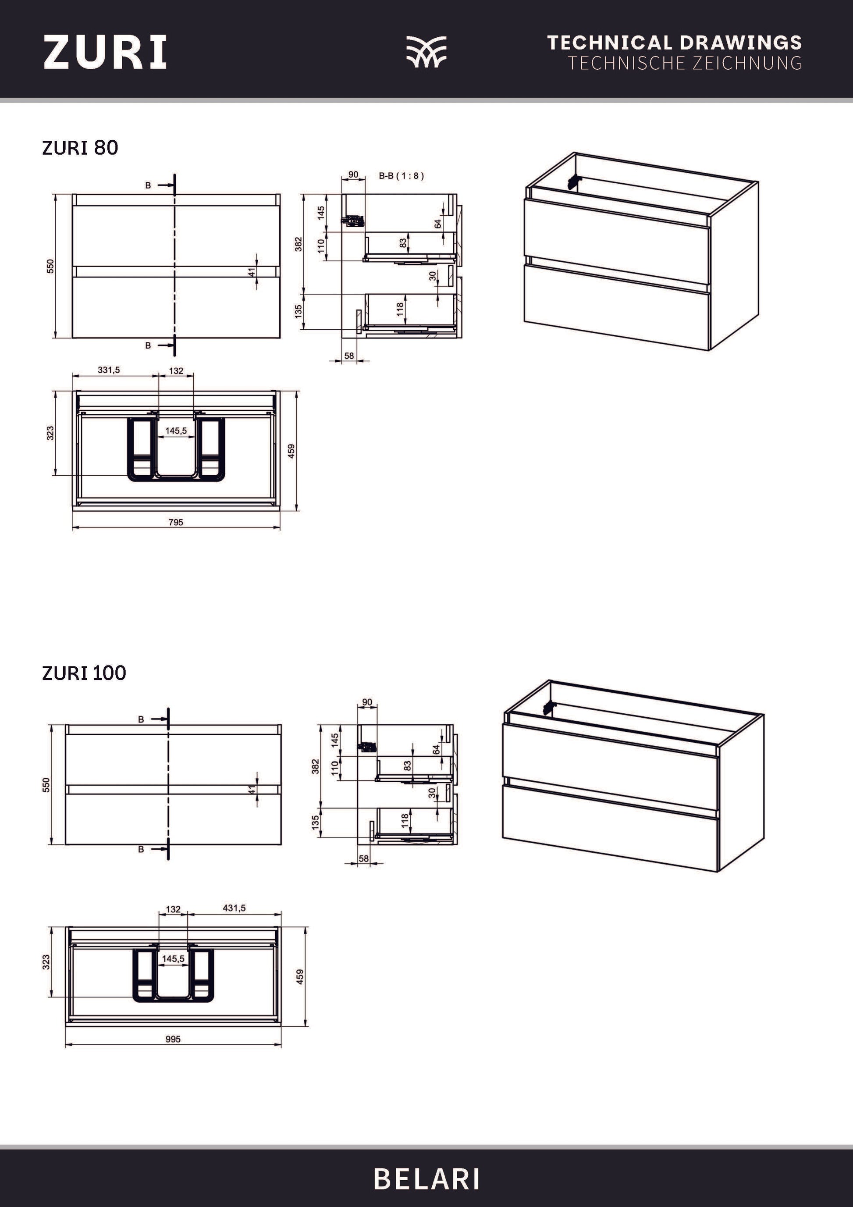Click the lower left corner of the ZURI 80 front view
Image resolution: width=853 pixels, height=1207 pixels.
(x=72, y=338)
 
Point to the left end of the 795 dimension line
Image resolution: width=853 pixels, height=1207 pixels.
(x=72, y=527)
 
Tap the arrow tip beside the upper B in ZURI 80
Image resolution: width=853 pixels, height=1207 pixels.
(x=174, y=185)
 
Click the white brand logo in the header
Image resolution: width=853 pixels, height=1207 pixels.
(x=426, y=52)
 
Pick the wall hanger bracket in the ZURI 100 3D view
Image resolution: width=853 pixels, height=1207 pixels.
(x=550, y=708)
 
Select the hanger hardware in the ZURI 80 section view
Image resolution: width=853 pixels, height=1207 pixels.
(x=352, y=221)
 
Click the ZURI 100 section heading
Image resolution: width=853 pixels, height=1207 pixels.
(x=84, y=673)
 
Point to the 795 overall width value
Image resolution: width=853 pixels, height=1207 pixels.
(x=176, y=522)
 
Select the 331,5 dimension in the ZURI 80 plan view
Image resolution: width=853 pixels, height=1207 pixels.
(x=109, y=370)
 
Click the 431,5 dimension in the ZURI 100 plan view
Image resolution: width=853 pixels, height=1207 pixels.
(x=235, y=908)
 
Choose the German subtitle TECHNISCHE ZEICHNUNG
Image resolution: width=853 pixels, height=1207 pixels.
(x=684, y=63)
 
